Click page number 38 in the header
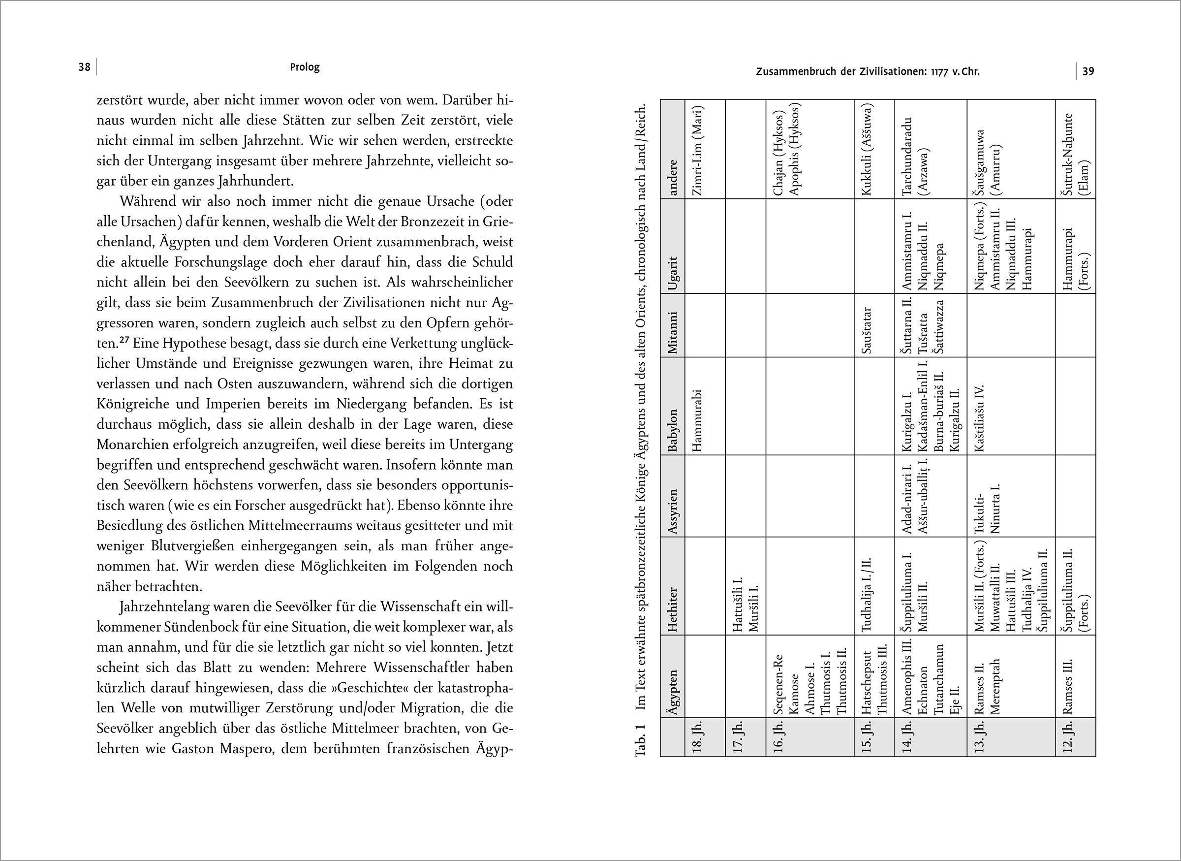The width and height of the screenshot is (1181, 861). pyautogui.click(x=85, y=67)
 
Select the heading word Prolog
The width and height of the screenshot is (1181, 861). pyautogui.click(x=305, y=67)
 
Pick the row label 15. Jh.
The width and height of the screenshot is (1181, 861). pyautogui.click(x=867, y=737)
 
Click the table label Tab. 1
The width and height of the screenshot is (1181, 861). pyautogui.click(x=641, y=739)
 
